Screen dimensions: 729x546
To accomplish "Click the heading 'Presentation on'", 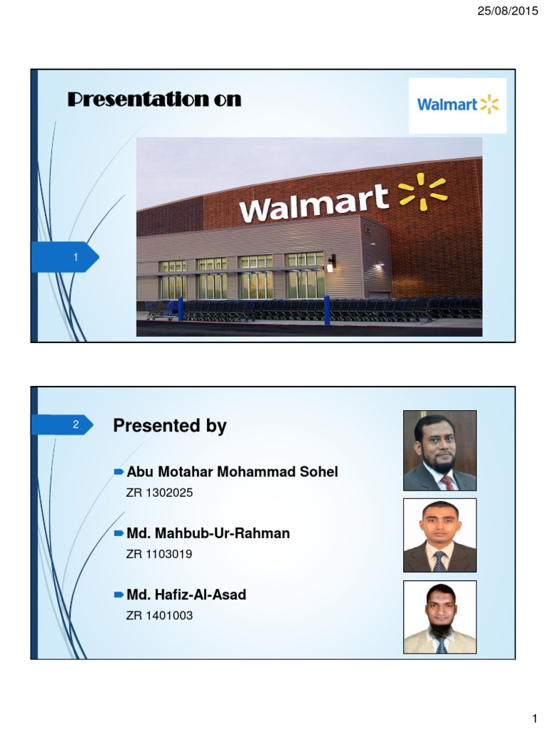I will click(x=154, y=100).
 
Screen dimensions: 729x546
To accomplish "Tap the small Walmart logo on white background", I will click(x=457, y=105).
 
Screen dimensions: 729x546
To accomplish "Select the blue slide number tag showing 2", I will click(x=63, y=425).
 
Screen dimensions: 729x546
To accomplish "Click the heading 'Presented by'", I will click(x=170, y=426).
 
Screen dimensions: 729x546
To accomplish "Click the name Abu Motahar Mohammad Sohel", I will click(x=232, y=472).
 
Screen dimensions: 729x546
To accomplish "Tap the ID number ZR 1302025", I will click(x=159, y=493).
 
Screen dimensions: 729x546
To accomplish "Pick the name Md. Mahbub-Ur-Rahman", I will click(x=208, y=533).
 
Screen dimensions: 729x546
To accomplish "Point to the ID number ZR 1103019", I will click(x=159, y=554).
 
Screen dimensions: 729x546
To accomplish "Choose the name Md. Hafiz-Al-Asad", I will click(x=186, y=594).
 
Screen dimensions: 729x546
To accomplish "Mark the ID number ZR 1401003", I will click(x=159, y=615).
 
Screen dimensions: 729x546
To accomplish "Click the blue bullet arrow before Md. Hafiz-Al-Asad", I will click(x=119, y=594).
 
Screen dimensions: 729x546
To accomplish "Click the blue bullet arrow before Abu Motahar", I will click(x=119, y=471).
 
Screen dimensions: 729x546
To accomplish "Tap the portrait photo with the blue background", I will click(x=440, y=617).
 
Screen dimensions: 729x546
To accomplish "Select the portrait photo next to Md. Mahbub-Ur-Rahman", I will click(x=440, y=535).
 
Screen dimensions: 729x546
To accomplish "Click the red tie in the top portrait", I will click(x=447, y=482).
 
